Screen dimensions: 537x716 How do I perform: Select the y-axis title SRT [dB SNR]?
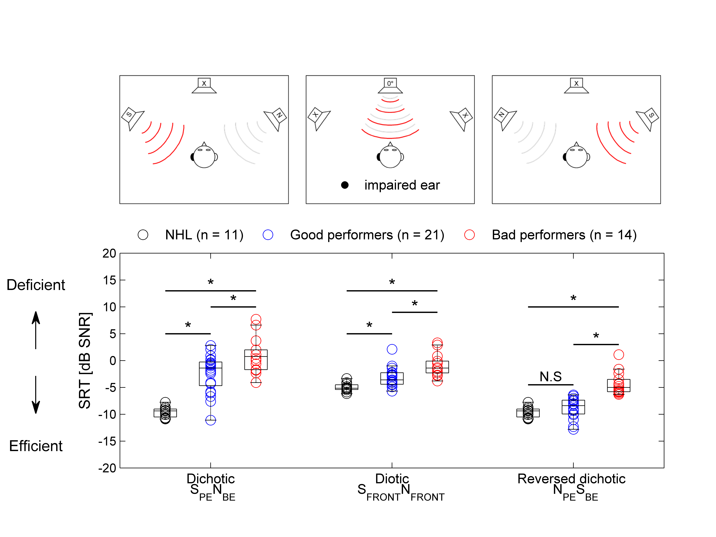[85, 361]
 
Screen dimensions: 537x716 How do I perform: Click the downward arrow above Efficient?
[36, 395]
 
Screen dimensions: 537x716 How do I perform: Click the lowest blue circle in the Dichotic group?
[210, 420]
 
